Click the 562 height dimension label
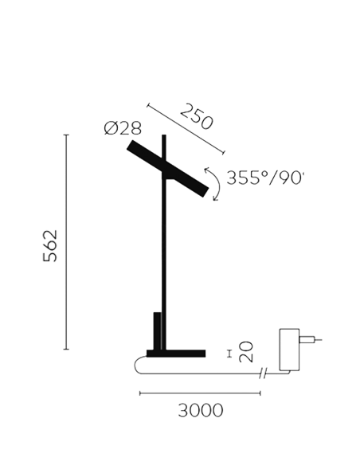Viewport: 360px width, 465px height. point(50,245)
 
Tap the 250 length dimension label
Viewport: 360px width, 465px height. point(197,116)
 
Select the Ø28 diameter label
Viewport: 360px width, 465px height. point(123,128)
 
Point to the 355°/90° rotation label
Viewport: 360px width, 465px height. point(265,178)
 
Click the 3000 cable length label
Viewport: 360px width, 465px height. point(201,410)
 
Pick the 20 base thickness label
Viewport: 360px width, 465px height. point(246,352)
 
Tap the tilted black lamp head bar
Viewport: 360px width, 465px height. point(168,169)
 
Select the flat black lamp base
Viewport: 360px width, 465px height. point(176,354)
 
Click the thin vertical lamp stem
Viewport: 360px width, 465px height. point(164,242)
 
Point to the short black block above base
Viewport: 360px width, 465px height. point(157,331)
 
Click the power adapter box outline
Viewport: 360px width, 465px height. point(289,350)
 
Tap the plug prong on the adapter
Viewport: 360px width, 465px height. point(310,339)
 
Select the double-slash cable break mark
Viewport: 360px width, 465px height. point(263,373)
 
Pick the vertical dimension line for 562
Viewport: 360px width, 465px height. point(66,242)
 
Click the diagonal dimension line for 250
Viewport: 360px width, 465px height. point(186,129)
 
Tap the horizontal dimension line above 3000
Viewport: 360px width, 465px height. point(200,393)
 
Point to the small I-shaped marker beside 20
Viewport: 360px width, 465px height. point(229,354)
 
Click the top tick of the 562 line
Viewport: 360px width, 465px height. point(66,135)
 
